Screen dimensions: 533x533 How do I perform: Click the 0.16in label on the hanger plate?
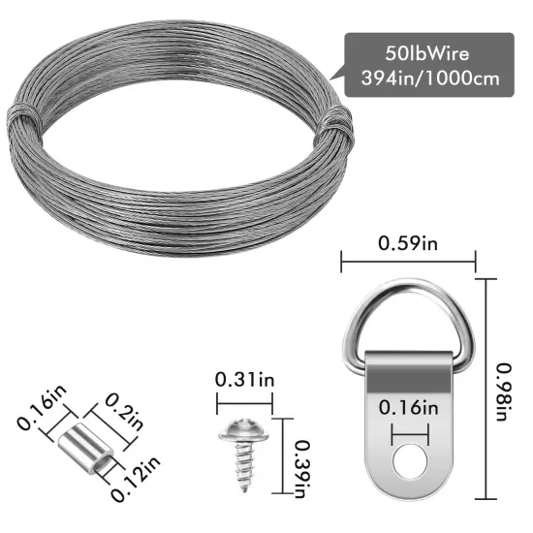click(408, 405)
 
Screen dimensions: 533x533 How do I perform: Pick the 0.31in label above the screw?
click(243, 379)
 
